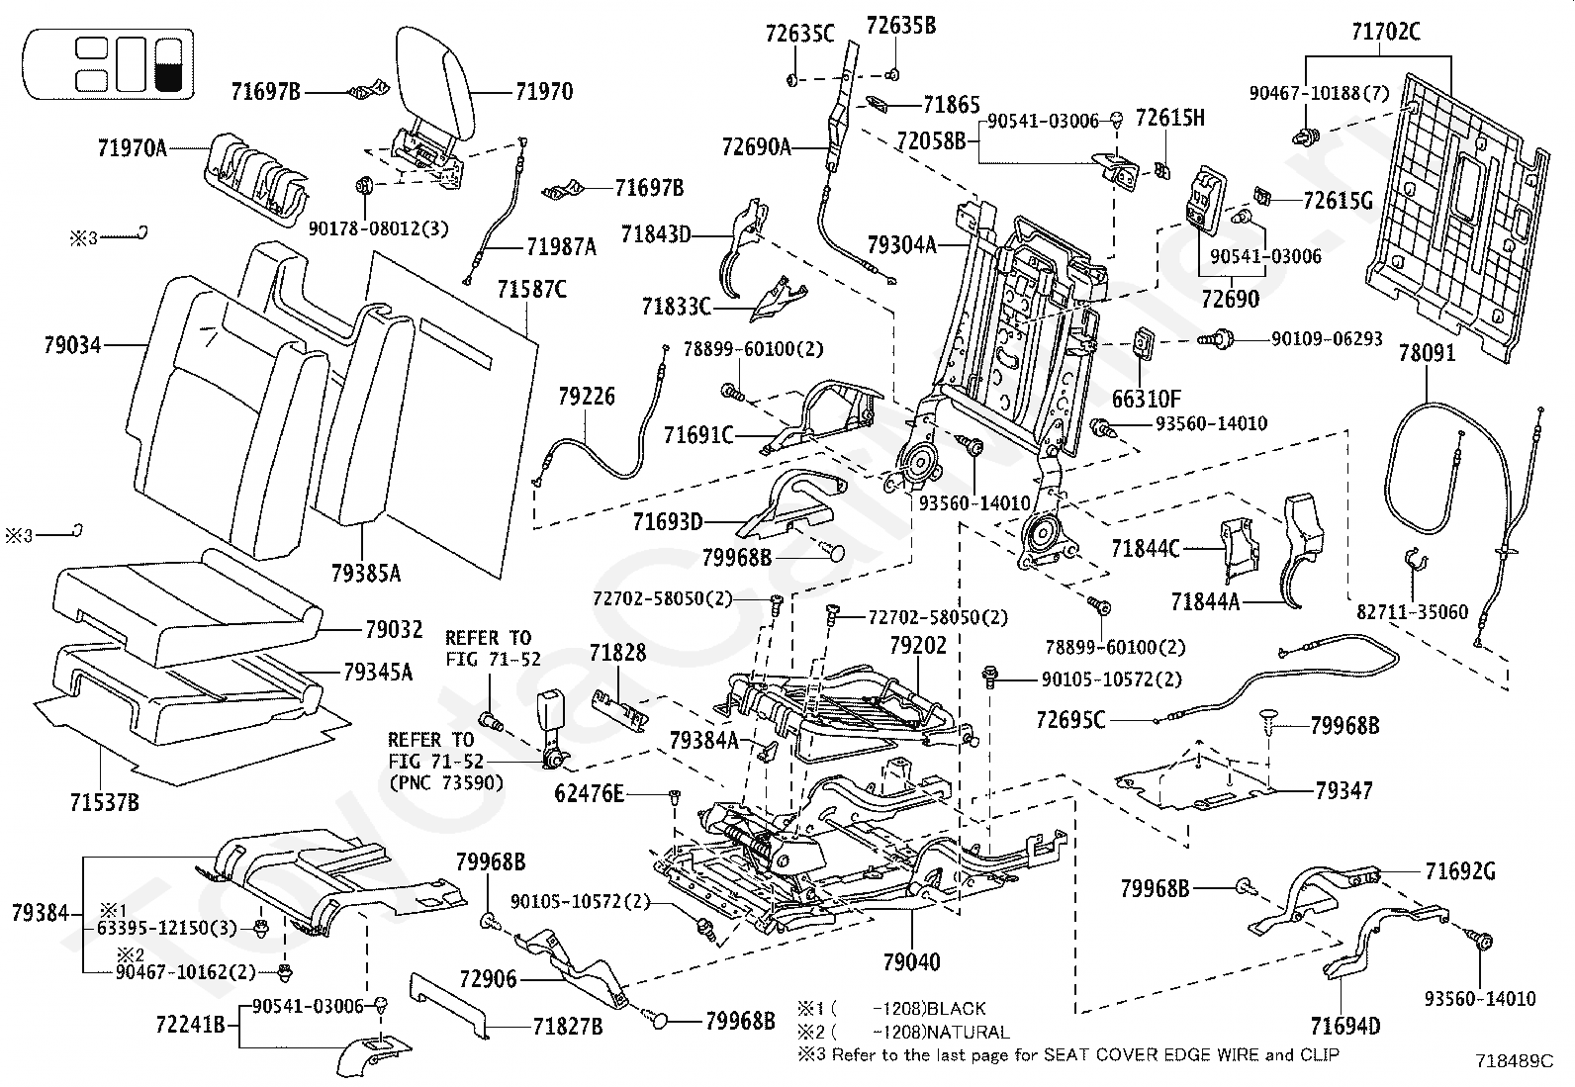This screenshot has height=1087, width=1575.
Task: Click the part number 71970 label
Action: [x=543, y=92]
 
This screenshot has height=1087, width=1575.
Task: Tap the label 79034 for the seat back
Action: [x=72, y=345]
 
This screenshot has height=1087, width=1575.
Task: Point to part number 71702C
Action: [x=1385, y=33]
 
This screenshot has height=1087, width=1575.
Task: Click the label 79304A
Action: [x=901, y=243]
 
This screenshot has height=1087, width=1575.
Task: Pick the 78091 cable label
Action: [x=1427, y=352]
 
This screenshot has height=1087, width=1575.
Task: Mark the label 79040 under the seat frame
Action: [x=911, y=960]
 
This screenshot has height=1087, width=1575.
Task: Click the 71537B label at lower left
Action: [x=103, y=801]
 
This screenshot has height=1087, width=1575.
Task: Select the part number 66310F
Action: [x=1147, y=399]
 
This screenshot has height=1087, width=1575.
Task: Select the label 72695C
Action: [x=1070, y=720]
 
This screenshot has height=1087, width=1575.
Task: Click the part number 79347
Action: [x=1344, y=790]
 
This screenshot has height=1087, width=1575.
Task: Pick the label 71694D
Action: [x=1345, y=1026]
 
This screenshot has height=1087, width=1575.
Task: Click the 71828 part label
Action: [x=617, y=653]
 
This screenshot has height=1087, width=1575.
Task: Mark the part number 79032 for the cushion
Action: [x=393, y=629]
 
